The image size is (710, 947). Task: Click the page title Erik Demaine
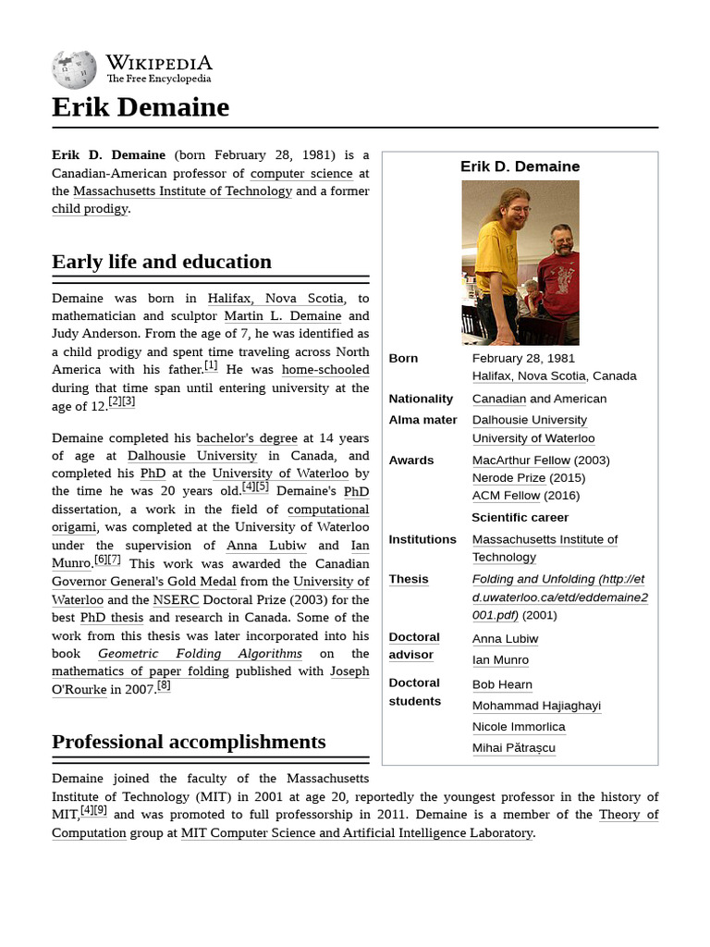coord(141,107)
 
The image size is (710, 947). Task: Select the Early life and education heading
coord(162,262)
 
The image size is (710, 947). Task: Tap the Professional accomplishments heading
coord(189,742)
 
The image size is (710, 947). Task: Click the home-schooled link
coord(325,370)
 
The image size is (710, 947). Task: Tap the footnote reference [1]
coord(211,365)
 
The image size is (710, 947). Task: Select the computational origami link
coord(328,510)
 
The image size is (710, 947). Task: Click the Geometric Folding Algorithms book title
coord(200,653)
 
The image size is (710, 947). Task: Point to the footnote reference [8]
coord(164,685)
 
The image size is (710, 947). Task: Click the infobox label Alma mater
coord(422,420)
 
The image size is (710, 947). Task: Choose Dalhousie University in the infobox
coord(529,420)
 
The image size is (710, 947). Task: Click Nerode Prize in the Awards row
coord(509,478)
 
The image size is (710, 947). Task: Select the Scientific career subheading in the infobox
coord(520,518)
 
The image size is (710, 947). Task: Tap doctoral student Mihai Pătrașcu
coord(513,748)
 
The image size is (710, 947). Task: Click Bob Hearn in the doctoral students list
coord(502,685)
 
